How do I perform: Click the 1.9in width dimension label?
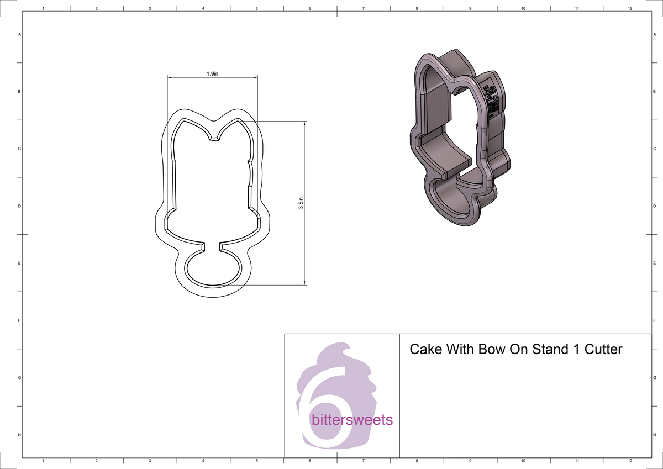coord(212,73)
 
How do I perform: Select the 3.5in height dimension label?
coord(301,204)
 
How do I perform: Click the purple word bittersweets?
coord(352,420)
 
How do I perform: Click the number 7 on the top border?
coord(364,9)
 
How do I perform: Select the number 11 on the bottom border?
coord(576,460)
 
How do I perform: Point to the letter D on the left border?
coord(20,206)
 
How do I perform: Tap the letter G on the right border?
coord(654,378)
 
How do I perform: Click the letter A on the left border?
coord(20,34)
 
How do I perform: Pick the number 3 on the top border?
coord(150,9)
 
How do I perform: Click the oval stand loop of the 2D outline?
coord(213,268)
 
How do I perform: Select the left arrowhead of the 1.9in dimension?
coord(170,77)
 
